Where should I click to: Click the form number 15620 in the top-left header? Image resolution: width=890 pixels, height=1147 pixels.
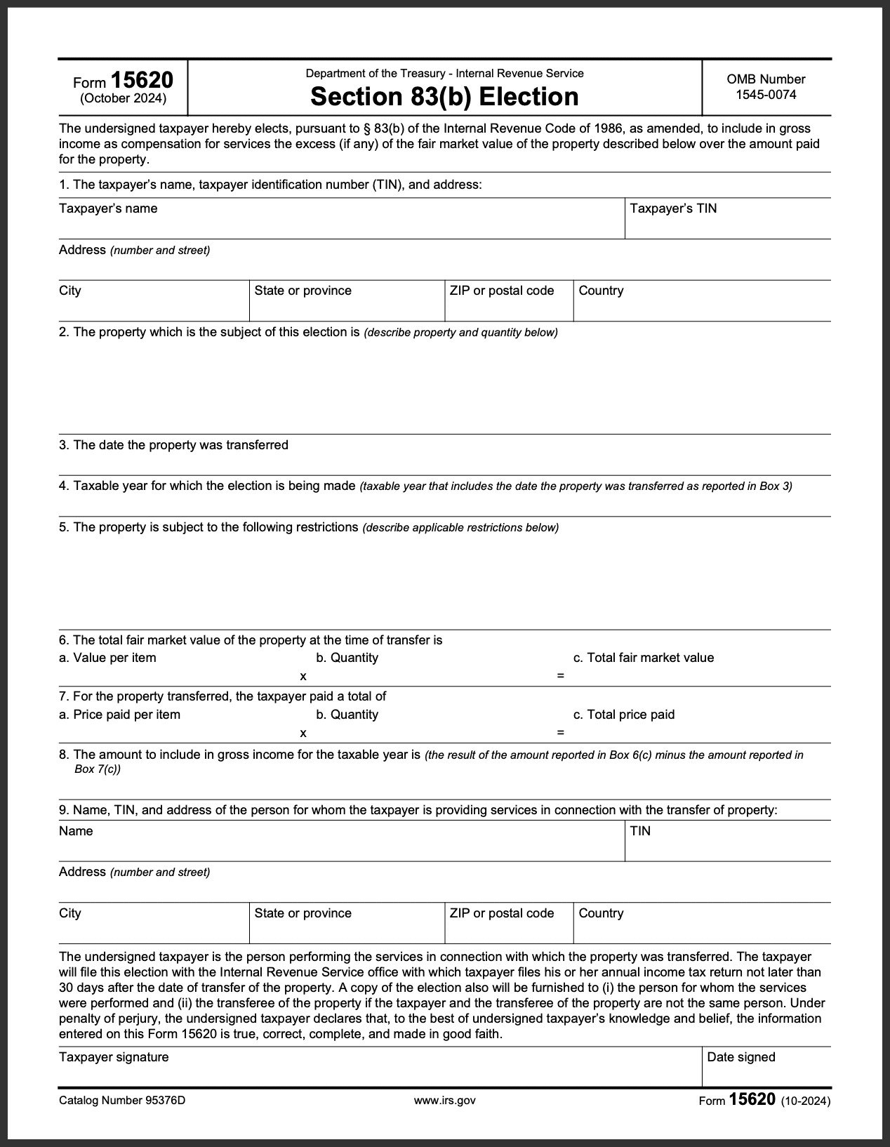(x=142, y=80)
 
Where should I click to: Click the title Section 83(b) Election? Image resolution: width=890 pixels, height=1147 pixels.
(x=444, y=96)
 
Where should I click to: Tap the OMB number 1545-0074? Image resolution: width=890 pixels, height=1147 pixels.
(x=766, y=95)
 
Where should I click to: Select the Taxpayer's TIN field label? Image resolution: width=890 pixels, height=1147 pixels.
(x=673, y=208)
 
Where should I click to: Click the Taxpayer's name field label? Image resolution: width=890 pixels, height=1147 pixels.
(x=108, y=208)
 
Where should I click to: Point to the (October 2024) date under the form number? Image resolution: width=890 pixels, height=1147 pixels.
(x=124, y=98)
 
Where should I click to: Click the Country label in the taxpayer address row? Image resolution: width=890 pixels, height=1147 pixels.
(x=601, y=291)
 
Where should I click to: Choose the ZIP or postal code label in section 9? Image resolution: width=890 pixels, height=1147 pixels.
(x=501, y=913)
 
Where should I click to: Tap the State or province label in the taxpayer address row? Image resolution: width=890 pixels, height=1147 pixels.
(x=303, y=291)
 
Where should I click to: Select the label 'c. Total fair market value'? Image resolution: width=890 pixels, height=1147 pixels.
(x=643, y=658)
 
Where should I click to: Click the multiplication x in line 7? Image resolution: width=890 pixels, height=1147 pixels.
(x=303, y=733)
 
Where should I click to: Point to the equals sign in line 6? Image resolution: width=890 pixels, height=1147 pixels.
(x=560, y=676)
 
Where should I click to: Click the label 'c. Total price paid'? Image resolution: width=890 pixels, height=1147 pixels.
(x=623, y=715)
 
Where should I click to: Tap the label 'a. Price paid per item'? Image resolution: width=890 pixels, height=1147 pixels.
(x=119, y=715)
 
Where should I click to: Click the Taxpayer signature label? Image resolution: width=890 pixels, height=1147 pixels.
(x=114, y=1057)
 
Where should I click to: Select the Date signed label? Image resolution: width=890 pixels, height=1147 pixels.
(x=740, y=1057)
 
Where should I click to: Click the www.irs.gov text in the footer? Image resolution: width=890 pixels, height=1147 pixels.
(x=445, y=1100)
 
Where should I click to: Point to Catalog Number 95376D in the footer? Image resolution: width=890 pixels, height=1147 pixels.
(x=122, y=1100)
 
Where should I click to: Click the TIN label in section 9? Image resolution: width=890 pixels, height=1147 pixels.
(x=640, y=831)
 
